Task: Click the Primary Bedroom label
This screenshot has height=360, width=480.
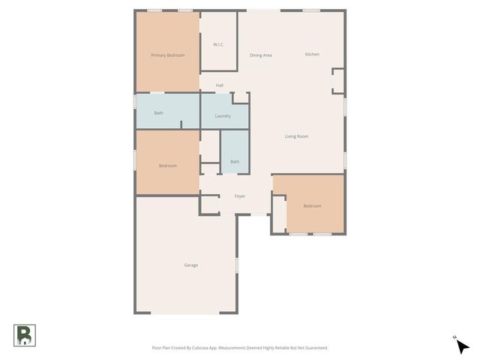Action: [167, 55]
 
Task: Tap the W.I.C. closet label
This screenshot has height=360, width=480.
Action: [218, 44]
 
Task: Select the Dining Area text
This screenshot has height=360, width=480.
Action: [260, 55]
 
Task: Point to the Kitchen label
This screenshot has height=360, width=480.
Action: [312, 54]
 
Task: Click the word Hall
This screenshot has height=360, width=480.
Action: [220, 85]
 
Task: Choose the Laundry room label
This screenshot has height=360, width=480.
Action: [223, 115]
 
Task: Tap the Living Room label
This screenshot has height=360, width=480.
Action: [296, 136]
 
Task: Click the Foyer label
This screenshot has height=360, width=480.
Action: [240, 196]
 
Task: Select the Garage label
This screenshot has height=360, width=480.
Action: [191, 265]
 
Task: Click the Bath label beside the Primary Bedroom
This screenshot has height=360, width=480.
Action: [158, 113]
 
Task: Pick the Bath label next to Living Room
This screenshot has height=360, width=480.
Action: [235, 161]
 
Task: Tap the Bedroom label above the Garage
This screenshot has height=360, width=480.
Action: [167, 165]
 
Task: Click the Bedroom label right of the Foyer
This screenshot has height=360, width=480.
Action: [312, 205]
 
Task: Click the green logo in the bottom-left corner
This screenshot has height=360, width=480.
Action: [23, 334]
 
